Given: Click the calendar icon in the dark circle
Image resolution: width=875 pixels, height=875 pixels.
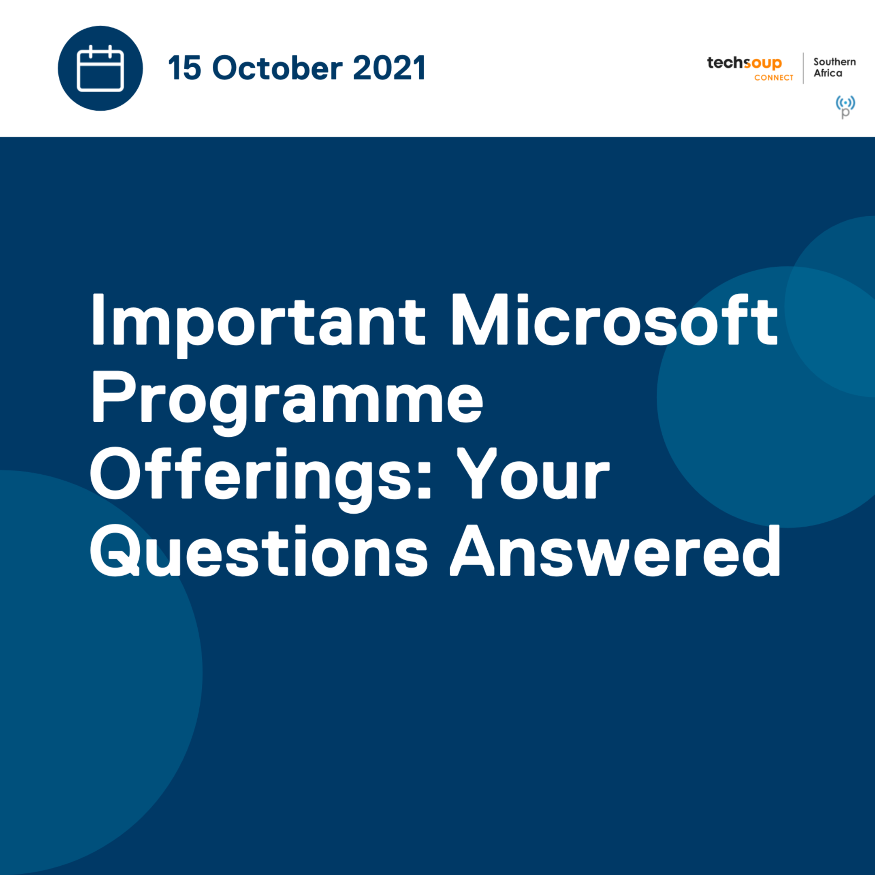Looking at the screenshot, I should (100, 68).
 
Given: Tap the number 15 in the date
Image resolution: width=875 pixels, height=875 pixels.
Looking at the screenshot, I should (184, 68).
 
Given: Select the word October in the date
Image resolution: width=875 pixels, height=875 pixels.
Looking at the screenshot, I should (277, 68).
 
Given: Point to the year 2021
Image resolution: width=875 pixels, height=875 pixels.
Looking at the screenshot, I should (389, 68).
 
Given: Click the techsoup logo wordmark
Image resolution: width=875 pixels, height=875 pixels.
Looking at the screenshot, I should (744, 63).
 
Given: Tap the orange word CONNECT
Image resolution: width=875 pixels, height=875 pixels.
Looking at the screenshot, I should (774, 78).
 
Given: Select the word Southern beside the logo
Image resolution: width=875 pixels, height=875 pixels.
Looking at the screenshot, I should (834, 62).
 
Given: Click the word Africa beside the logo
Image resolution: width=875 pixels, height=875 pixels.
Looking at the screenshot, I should (828, 73).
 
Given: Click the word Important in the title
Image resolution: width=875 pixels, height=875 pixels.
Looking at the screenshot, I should (258, 321).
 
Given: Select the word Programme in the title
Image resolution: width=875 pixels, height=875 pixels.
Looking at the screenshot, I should (287, 399).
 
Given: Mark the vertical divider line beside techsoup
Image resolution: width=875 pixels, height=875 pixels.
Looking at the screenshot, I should (803, 68).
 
